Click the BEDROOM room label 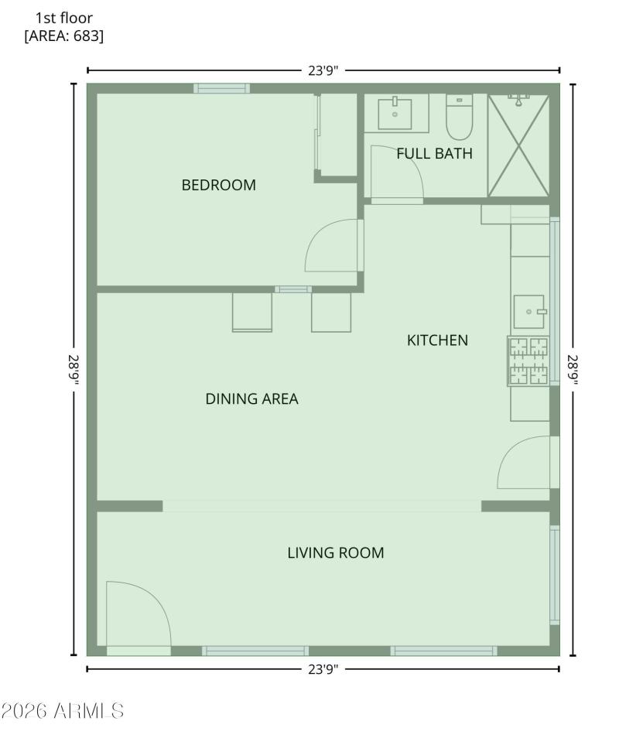coord(218,185)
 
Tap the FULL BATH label coord(434,153)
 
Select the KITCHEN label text coord(437,340)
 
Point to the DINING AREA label coord(251,399)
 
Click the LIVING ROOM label coord(336,553)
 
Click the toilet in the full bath coord(459,118)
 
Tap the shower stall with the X coord(518,145)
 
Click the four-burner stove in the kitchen coord(528,361)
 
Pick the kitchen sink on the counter coord(529,311)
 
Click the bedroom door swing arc coord(333,246)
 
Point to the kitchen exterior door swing coord(525,463)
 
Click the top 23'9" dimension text coord(323,70)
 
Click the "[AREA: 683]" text coord(64,36)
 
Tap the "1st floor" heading coord(64,18)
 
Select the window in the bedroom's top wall coord(221,88)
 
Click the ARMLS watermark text coord(62,710)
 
